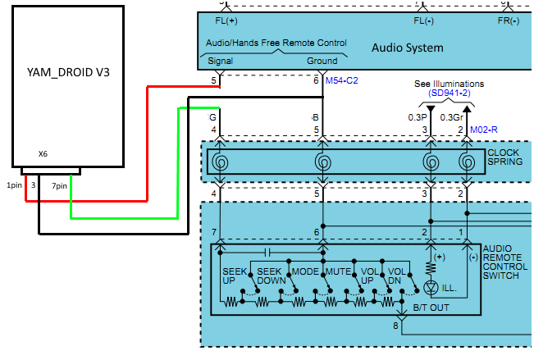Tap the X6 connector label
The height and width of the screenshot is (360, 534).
coord(43,153)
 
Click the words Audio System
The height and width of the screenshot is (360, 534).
coord(408,48)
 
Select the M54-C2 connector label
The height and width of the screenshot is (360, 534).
coord(342,80)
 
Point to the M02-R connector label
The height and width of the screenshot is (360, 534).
coord(485,130)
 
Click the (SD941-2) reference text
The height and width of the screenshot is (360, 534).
coord(449,93)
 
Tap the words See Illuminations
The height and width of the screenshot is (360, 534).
coord(449,84)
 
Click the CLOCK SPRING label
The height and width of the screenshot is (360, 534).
coord(504,157)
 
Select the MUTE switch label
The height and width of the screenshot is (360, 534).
coord(338,271)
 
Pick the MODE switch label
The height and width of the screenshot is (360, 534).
coord(305,271)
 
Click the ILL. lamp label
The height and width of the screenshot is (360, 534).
coord(449,289)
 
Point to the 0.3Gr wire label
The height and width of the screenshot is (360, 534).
coord(452,117)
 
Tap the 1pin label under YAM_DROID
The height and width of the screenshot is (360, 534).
coord(14,186)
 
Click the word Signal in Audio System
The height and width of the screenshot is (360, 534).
coord(220,61)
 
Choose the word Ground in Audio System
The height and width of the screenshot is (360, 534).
coord(322,61)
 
